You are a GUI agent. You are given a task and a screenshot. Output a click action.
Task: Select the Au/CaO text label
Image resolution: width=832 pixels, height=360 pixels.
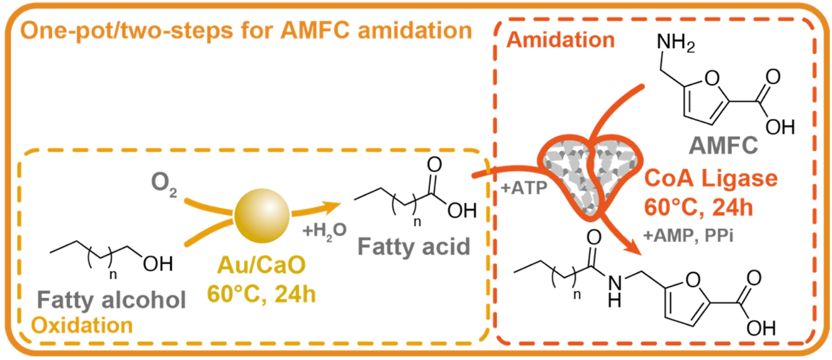[x=261, y=265]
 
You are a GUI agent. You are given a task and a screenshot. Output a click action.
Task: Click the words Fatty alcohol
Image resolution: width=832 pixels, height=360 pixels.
[x=111, y=300]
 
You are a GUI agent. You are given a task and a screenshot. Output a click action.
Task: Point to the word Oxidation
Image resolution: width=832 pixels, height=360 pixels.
[x=82, y=325]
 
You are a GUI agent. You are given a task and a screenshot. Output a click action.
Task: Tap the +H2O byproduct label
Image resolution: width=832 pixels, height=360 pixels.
[x=325, y=230]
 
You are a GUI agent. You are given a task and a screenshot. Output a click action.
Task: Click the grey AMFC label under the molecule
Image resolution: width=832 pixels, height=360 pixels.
[x=723, y=145]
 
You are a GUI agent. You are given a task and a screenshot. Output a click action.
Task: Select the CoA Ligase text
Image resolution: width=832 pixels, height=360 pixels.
[x=711, y=178]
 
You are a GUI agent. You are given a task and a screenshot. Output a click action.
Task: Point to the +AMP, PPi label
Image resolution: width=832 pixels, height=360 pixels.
[x=688, y=236]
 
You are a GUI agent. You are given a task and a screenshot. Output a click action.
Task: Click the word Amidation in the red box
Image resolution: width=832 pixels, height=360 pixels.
[x=560, y=40]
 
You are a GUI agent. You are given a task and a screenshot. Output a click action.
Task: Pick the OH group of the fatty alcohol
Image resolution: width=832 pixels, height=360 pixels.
[x=158, y=264]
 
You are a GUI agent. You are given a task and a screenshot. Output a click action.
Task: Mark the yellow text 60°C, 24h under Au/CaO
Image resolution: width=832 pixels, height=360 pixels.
[x=261, y=295]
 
